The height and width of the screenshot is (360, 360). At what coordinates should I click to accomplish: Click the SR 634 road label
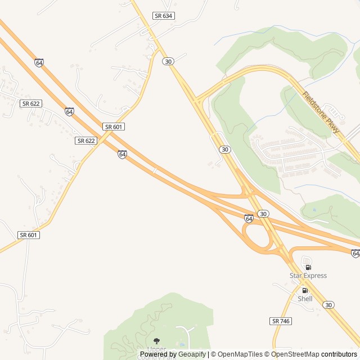coord(164,16)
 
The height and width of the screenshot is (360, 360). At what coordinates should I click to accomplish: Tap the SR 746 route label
coord(281,321)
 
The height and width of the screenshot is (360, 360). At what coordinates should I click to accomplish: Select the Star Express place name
coord(308,276)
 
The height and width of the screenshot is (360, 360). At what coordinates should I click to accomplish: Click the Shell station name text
coord(305,299)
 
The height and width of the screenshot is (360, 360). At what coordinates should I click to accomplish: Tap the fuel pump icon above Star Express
coord(308,267)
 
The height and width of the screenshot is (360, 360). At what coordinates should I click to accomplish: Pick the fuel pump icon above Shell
coord(305,290)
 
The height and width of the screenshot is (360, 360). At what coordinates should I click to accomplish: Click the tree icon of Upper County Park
coord(156,341)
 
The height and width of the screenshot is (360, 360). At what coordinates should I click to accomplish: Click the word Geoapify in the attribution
coord(192,354)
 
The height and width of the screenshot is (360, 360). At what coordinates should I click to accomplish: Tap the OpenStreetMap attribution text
coord(295,354)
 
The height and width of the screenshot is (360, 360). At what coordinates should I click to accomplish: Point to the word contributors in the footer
coord(339,354)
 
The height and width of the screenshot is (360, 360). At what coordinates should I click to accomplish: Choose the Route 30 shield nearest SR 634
coord(168,61)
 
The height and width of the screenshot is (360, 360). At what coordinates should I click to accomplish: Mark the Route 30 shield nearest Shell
coord(328,304)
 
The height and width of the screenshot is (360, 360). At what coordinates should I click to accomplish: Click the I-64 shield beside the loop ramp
coord(249,218)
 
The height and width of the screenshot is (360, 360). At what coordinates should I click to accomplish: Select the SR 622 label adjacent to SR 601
coord(86,141)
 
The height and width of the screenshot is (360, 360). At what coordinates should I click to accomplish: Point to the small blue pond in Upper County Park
coord(181,345)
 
